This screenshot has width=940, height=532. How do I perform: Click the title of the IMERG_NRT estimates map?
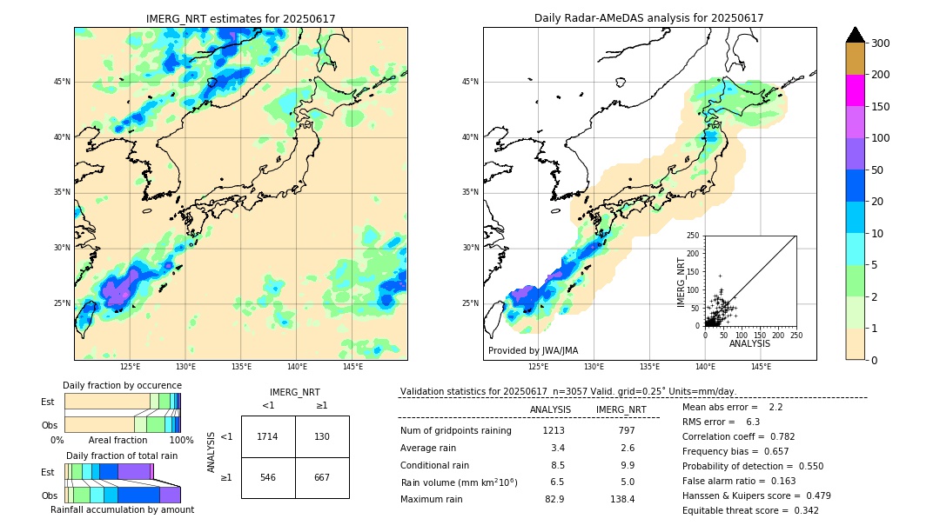tap(240, 18)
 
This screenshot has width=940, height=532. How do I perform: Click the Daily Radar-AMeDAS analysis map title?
tap(648, 18)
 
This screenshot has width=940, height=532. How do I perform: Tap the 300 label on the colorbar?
tap(880, 43)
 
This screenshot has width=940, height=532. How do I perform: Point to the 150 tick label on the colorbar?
tap(880, 107)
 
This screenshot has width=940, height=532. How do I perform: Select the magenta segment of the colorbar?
tap(855, 90)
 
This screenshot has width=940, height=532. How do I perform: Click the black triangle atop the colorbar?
tap(855, 35)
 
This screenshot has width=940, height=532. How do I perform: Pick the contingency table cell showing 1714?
tap(267, 436)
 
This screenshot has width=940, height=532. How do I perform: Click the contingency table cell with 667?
tap(322, 477)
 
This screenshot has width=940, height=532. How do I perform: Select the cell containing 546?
tap(267, 477)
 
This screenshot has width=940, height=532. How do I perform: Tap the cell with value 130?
tap(322, 436)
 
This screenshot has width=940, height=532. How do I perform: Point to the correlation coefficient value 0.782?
tap(776, 436)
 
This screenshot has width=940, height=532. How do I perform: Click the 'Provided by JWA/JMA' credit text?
tap(533, 350)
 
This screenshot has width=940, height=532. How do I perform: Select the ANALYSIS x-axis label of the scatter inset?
tap(749, 343)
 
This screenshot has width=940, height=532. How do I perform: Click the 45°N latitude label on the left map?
tap(62, 82)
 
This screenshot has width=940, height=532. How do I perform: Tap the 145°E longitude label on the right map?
tap(761, 367)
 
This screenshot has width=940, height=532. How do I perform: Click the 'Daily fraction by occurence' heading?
tap(122, 385)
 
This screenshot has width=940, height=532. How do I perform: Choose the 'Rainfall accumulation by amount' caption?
tap(122, 509)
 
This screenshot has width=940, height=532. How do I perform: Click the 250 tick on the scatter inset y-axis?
tap(693, 236)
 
